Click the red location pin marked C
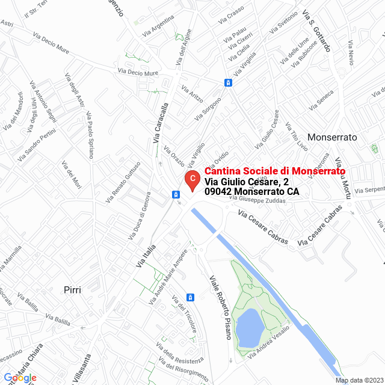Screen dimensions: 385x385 tap(191, 179)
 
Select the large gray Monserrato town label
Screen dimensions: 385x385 tap(332, 137)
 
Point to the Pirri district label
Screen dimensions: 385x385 tap(72, 289)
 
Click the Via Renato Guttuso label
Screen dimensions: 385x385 tap(123, 181)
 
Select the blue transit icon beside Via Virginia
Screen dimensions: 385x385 tap(228, 82)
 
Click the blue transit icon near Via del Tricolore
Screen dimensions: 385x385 tap(191, 297)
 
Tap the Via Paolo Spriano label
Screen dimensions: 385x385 tap(89, 135)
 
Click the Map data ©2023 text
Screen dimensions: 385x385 tap(359, 380)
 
